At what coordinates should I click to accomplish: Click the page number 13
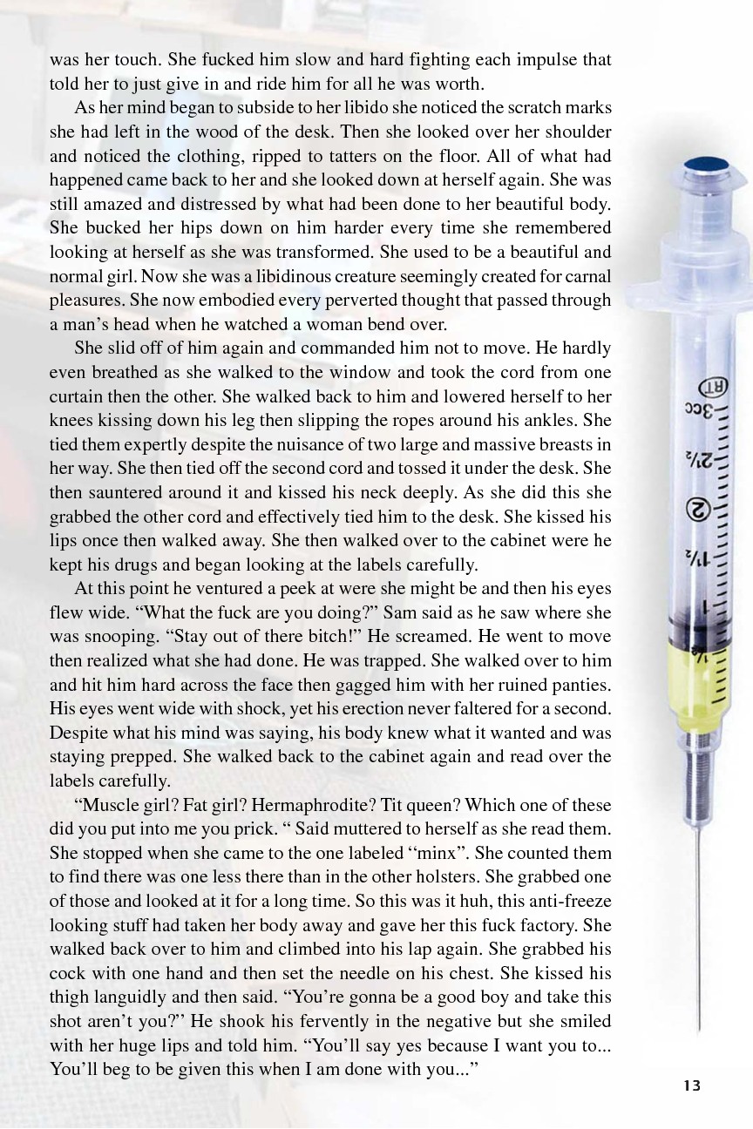[x=692, y=1085]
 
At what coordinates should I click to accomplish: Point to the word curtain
[x=76, y=396]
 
